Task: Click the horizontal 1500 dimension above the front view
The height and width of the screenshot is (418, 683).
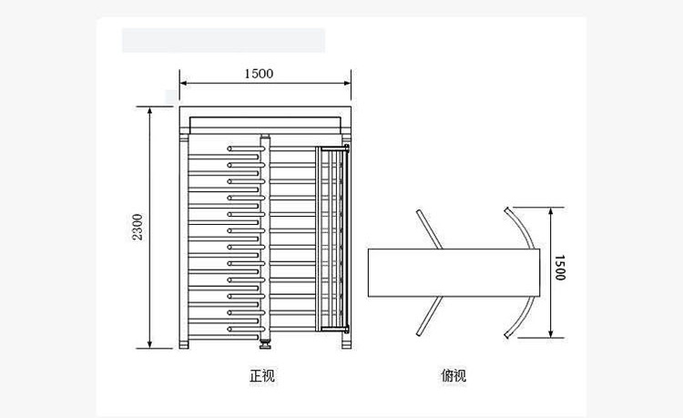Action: pos(259,74)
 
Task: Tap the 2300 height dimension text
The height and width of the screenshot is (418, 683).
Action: pos(138,227)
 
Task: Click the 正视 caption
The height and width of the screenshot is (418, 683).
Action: pos(262,375)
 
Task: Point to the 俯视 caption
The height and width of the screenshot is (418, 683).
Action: pos(453,375)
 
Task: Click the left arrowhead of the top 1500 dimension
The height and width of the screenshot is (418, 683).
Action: pos(182,83)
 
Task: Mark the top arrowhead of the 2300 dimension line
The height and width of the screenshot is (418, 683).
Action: pos(150,109)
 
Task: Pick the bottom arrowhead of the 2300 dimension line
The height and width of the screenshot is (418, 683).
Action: pos(150,345)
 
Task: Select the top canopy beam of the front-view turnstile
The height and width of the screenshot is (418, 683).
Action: pos(265,121)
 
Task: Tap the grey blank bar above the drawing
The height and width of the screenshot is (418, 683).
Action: pos(223,40)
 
